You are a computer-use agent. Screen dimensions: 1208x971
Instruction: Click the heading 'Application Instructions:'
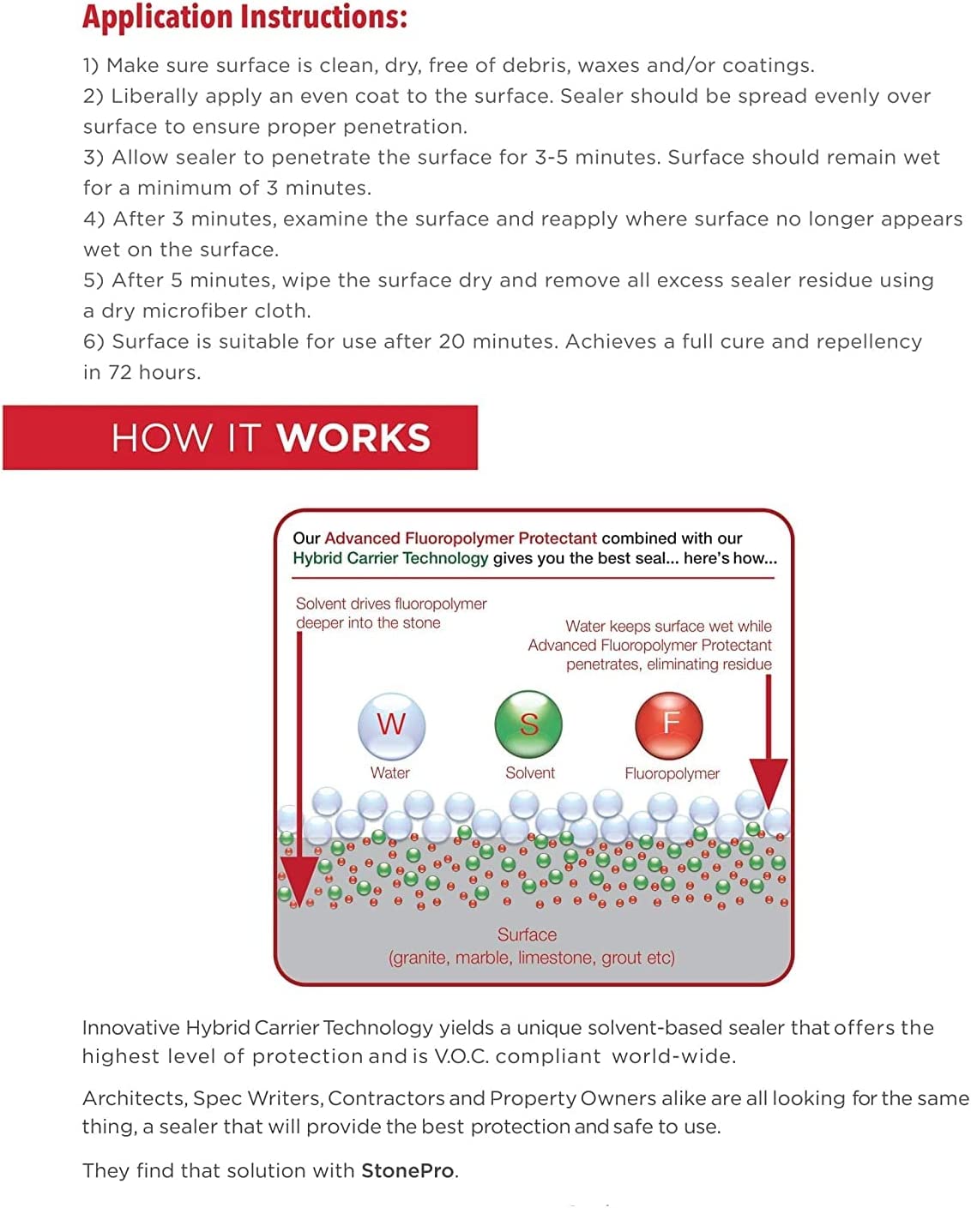click(244, 17)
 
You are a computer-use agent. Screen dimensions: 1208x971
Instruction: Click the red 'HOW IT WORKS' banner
click(240, 437)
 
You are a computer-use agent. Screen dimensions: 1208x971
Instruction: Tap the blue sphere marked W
click(391, 725)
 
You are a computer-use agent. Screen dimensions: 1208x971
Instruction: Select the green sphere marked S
click(528, 724)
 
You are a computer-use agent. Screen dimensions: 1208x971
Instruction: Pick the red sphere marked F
click(669, 724)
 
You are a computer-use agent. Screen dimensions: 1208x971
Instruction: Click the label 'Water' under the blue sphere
click(389, 772)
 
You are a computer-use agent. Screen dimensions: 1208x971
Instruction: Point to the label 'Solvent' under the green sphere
click(529, 772)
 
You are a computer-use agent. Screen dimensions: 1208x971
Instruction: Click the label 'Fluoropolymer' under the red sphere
click(672, 773)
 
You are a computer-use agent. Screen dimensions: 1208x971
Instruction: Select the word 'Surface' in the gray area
click(527, 935)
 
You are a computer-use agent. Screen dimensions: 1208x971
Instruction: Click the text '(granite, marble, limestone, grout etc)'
click(532, 958)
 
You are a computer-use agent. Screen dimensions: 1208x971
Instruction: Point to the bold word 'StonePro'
click(408, 1170)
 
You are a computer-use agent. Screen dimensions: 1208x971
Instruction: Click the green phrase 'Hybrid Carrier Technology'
click(390, 558)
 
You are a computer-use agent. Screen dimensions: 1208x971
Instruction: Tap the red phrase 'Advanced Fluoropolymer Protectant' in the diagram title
click(460, 538)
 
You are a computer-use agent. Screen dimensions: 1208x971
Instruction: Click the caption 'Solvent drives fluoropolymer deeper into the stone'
click(390, 613)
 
